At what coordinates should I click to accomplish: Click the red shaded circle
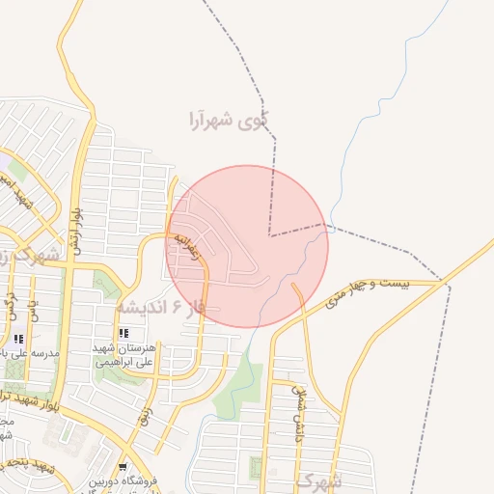tap(247, 246)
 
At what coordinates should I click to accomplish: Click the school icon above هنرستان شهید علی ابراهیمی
tap(123, 334)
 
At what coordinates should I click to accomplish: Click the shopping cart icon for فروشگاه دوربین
tap(122, 467)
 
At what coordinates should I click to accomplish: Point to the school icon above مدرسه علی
tap(19, 340)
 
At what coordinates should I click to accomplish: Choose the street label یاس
tap(32, 308)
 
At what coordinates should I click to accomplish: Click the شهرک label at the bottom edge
tap(317, 480)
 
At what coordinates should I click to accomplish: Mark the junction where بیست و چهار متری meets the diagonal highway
tap(445, 284)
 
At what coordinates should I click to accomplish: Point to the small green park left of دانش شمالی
tap(256, 469)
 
